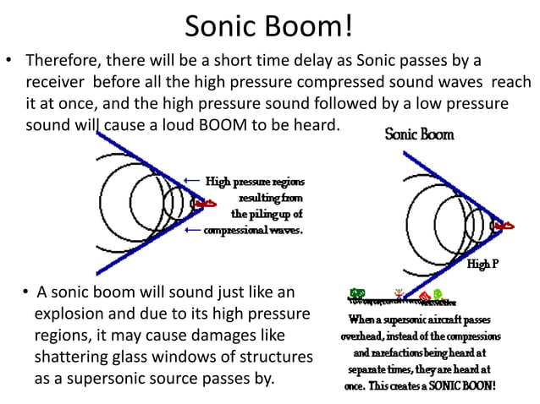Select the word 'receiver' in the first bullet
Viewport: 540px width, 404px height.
(55, 83)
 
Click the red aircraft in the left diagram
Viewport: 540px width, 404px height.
(202, 204)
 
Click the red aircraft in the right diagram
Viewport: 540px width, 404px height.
(504, 226)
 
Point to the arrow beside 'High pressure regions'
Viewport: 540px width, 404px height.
(192, 181)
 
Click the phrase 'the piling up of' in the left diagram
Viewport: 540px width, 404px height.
(267, 214)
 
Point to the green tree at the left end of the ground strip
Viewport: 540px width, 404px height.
(357, 296)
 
